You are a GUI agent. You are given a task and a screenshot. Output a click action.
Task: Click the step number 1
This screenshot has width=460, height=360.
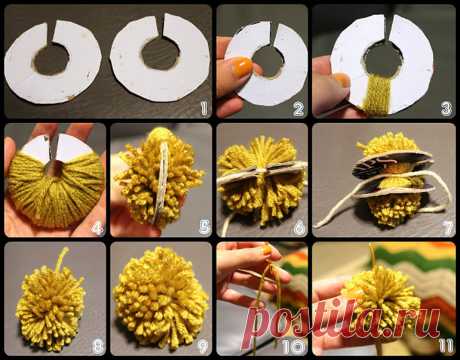(x=204, y=108)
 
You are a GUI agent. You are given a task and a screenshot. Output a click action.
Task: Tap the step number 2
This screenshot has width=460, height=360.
(x=298, y=109)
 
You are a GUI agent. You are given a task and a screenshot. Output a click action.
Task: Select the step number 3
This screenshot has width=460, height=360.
(x=446, y=109)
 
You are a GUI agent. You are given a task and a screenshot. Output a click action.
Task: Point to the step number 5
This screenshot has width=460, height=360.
(x=204, y=227)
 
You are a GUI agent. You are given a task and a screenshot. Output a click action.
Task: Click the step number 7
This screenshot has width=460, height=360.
(x=448, y=228)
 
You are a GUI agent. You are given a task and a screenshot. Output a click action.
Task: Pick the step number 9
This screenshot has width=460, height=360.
(x=202, y=347)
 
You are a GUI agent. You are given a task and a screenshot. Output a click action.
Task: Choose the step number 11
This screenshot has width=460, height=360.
(x=446, y=346)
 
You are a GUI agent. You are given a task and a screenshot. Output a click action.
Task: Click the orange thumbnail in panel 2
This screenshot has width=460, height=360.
(x=241, y=66)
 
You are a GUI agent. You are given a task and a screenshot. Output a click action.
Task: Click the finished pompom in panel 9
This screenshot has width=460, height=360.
(x=161, y=299)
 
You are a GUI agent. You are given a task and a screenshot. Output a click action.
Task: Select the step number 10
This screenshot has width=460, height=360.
(x=294, y=347)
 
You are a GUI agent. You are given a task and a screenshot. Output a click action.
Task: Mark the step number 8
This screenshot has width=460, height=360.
(x=98, y=347)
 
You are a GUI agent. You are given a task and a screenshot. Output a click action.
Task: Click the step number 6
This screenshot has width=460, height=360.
(x=299, y=228)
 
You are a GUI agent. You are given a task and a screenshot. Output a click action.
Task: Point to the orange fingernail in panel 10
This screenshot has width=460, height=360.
(x=266, y=250)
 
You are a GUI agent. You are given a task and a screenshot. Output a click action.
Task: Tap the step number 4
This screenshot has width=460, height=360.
(x=98, y=228)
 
